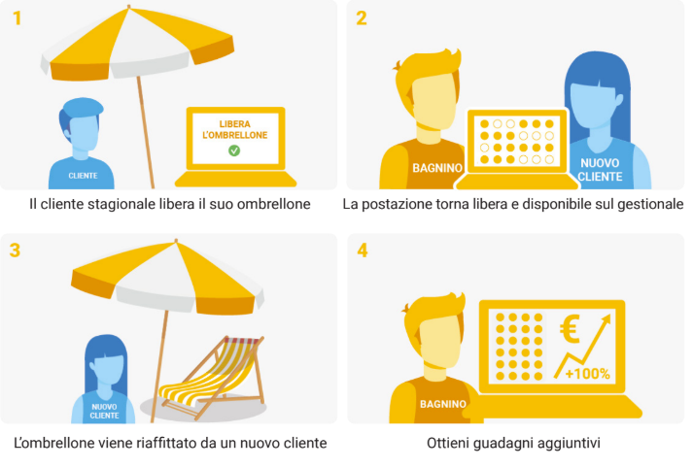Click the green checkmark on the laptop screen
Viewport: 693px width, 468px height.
coord(234,150)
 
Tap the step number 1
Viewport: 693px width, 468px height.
coord(17,18)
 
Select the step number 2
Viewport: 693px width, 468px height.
coord(362,18)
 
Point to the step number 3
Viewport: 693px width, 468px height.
coord(15,250)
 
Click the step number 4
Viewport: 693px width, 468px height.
coord(363,251)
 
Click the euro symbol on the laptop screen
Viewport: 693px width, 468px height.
coord(570,328)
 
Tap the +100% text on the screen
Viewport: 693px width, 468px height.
coord(587,374)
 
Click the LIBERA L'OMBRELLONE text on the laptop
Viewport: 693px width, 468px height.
coord(234,129)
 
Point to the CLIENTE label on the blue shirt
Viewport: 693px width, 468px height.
coord(83,176)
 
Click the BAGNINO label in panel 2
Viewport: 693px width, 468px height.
coord(437,168)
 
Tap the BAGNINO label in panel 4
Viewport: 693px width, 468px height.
coord(443,404)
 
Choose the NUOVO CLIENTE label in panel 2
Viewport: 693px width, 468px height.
coord(600,170)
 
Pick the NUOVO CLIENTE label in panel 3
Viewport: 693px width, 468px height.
coord(104,411)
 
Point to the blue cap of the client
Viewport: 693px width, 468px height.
coord(83,107)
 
